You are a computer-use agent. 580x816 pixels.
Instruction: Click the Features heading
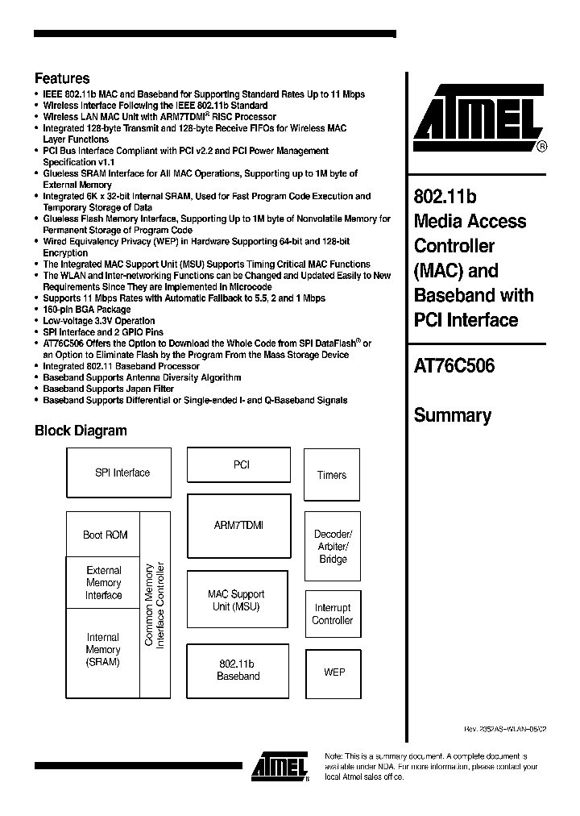(62, 79)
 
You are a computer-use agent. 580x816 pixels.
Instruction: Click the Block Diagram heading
(81, 431)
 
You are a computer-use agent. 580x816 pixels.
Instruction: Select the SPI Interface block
(119, 473)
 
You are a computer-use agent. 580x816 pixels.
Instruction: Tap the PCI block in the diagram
(241, 465)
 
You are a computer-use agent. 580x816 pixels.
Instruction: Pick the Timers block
(331, 475)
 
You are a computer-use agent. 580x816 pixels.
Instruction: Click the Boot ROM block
(105, 535)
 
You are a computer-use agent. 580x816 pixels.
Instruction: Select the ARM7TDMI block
(238, 525)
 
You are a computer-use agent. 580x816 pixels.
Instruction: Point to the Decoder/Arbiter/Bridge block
(332, 547)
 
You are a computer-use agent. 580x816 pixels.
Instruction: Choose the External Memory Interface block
(104, 583)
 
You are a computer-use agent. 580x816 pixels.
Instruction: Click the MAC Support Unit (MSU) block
(237, 601)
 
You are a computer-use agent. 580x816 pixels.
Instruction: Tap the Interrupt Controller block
(332, 614)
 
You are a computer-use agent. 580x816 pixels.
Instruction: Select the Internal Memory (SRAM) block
(103, 650)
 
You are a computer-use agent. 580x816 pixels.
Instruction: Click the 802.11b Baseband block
(238, 671)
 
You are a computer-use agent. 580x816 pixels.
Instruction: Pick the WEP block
(333, 672)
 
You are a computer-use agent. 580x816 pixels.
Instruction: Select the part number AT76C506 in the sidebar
(454, 366)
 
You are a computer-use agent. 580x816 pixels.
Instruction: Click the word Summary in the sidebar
(452, 416)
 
